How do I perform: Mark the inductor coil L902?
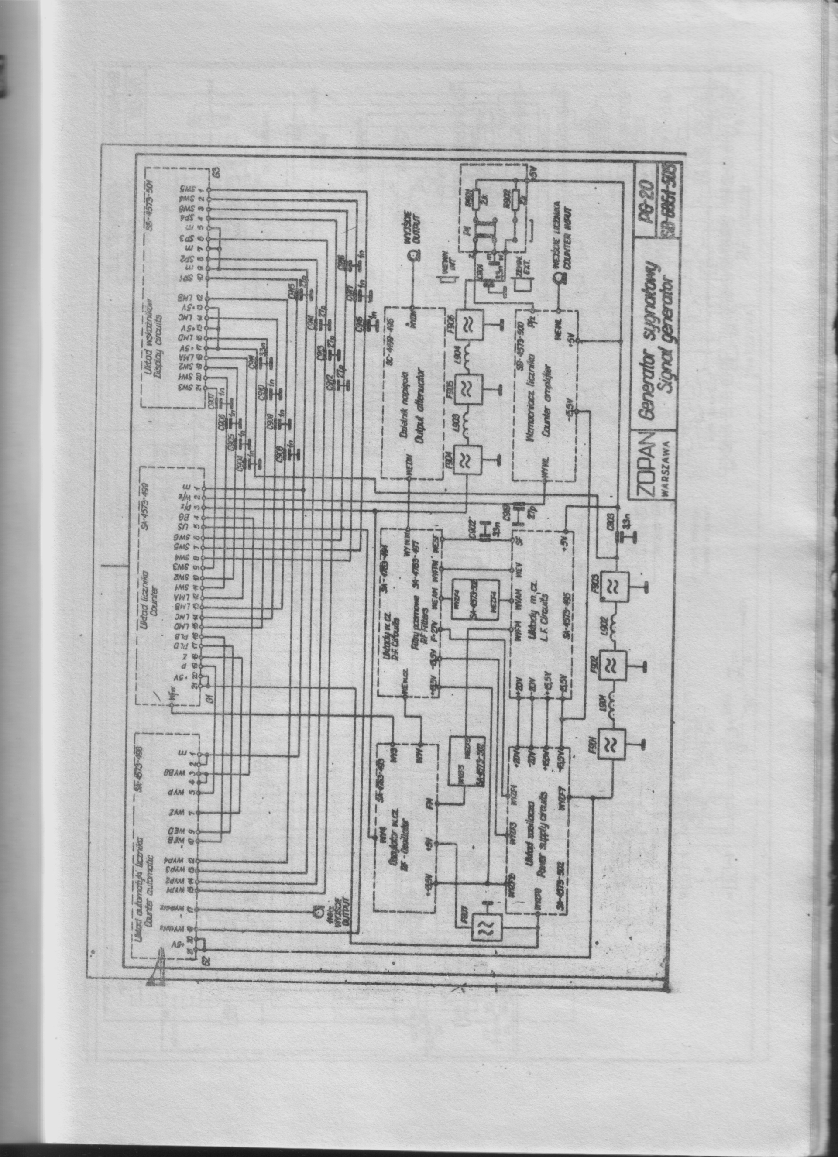[x=614, y=625]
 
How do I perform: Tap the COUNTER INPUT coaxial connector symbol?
[x=560, y=278]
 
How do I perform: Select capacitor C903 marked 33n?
[x=621, y=536]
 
